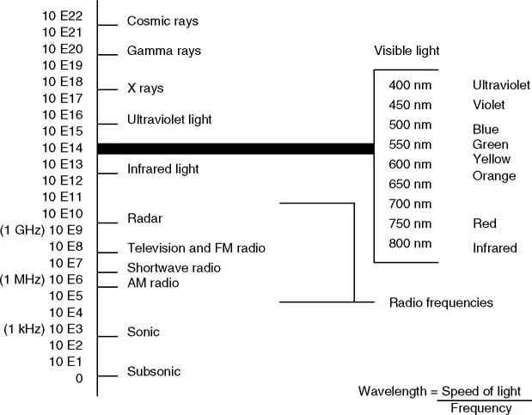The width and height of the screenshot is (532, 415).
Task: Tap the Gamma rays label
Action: pos(163,52)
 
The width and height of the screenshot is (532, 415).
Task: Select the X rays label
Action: pos(145,88)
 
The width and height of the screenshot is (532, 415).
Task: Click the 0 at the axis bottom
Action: pos(79,378)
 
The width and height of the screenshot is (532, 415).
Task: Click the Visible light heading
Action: pos(407,51)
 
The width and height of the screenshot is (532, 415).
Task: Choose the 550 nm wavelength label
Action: pos(410,144)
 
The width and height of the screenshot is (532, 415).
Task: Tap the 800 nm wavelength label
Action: pos(410,243)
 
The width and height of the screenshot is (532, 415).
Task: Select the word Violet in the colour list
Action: pos(489,105)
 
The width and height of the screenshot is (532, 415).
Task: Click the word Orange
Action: pos(494,176)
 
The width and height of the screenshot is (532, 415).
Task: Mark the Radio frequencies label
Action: pos(441,302)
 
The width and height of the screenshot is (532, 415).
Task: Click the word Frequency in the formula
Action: pos(480,407)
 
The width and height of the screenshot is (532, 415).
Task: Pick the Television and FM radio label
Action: pos(196,248)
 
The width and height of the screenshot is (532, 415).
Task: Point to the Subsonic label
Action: pos(154,372)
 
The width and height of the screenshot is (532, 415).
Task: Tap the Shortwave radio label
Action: pos(174,268)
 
